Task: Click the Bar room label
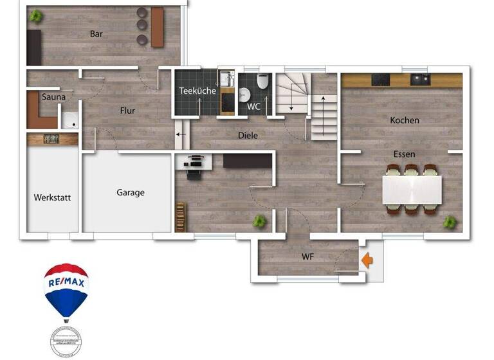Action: tap(96, 34)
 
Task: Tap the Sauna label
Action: tap(53, 97)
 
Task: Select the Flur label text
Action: tap(127, 111)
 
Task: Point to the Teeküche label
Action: tap(197, 91)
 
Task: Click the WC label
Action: tap(253, 107)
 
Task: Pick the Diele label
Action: tap(248, 136)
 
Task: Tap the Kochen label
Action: tap(404, 120)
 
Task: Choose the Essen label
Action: tap(405, 154)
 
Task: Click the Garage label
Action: tap(131, 192)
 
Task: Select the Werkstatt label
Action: tap(52, 197)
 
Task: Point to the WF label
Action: tap(307, 257)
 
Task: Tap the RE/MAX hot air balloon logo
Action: tap(66, 289)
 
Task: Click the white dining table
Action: tap(412, 189)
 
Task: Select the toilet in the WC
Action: tap(262, 83)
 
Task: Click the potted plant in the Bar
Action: tap(36, 15)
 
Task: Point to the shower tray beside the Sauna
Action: tap(69, 120)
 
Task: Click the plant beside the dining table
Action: tap(450, 222)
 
